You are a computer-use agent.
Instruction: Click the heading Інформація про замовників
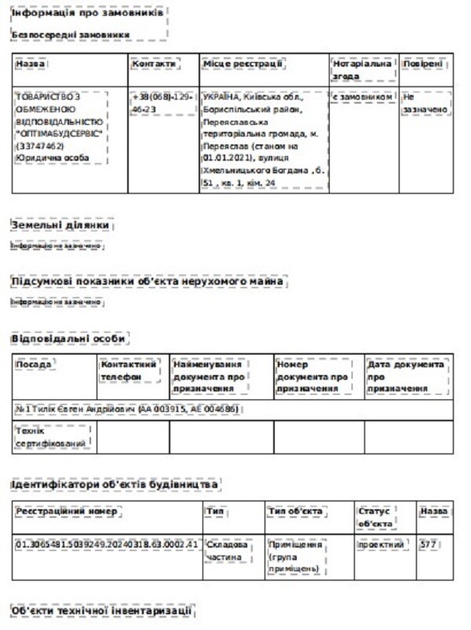click(87, 15)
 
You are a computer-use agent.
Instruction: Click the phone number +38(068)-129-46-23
click(162, 102)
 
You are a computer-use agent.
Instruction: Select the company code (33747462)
click(39, 146)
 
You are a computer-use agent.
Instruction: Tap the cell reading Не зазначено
click(425, 103)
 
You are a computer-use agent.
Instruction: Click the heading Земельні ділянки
click(60, 225)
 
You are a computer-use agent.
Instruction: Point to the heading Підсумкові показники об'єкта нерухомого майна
click(148, 281)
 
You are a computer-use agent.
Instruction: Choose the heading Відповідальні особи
click(68, 338)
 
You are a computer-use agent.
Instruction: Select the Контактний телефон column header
click(129, 370)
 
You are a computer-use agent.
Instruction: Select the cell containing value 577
click(428, 544)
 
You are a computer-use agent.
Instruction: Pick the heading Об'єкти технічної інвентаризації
click(100, 610)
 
